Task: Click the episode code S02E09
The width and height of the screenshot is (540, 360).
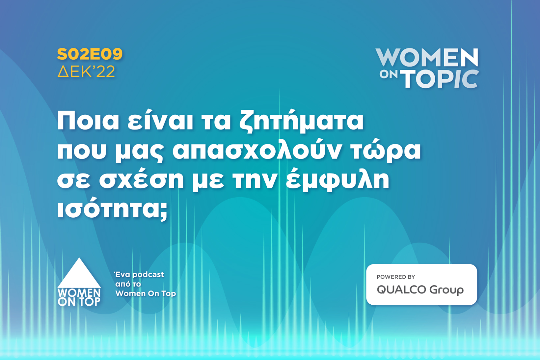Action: coord(90,54)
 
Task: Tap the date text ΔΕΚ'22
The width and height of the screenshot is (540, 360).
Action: coord(86,71)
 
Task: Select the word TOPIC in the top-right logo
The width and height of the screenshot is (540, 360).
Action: coord(441,79)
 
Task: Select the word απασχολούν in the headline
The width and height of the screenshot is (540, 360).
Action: coord(257,151)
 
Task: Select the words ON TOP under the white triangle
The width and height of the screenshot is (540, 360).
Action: coord(79,302)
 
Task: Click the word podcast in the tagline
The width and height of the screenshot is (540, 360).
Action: coord(148,275)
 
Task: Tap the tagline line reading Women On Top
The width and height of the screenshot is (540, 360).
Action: coord(146,293)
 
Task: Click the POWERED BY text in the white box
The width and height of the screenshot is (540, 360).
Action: coord(396,277)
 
